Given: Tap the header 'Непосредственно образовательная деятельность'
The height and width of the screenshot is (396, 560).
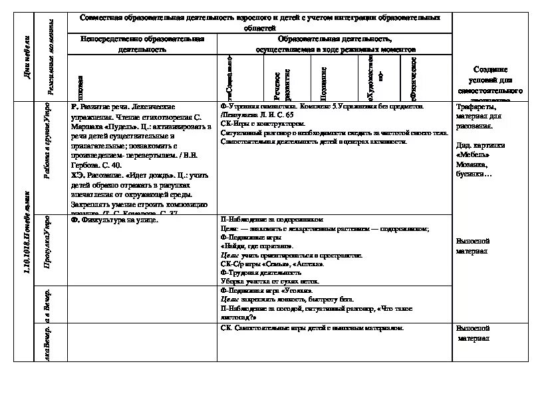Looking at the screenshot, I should pos(142,45).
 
